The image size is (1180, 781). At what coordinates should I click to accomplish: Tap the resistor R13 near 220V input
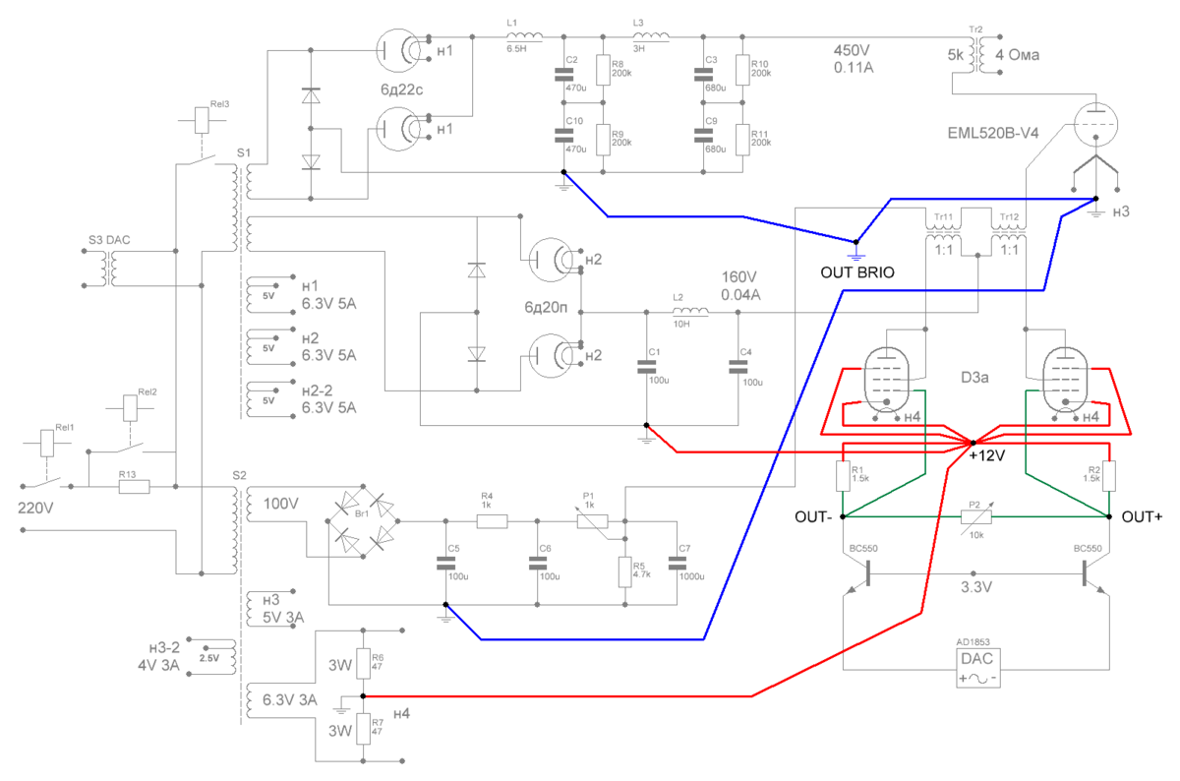pos(128,486)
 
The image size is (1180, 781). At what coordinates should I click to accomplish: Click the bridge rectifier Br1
pos(361,517)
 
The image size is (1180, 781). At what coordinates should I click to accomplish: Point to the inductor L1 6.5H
pos(516,37)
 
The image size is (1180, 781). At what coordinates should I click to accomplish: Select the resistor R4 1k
pos(489,518)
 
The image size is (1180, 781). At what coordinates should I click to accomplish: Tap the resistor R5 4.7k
pos(623,571)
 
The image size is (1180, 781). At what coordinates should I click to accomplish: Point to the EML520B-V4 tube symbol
pos(1096,122)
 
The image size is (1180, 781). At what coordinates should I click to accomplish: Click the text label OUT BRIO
pos(857,273)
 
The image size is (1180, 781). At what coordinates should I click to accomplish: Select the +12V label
pos(988,457)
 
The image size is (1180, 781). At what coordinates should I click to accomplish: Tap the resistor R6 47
pos(363,662)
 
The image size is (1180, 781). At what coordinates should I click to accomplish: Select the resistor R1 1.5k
pos(844,477)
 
